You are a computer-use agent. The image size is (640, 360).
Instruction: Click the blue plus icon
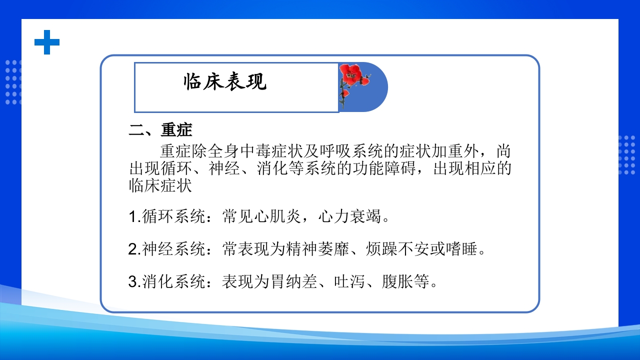tap(47, 42)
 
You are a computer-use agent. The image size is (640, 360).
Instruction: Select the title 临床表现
tap(225, 82)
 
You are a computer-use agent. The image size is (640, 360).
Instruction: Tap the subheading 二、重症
tap(160, 130)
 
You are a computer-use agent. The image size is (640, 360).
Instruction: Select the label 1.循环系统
tap(166, 217)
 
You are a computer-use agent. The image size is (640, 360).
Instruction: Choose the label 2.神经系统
tap(166, 249)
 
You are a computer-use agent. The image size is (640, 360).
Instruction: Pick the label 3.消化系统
tap(166, 282)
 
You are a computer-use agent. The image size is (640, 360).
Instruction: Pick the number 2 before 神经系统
tap(132, 249)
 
